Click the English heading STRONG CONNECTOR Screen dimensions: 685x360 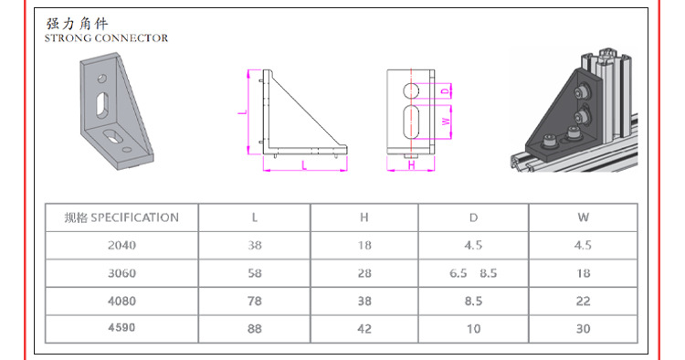click(106, 38)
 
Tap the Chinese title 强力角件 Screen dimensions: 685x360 click(77, 23)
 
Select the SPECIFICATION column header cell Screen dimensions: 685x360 click(121, 217)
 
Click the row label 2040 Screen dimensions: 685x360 click(121, 245)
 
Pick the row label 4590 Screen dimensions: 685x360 click(121, 328)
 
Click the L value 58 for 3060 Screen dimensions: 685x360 click(255, 273)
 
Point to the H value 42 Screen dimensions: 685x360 click(364, 329)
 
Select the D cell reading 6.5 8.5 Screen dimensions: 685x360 click(473, 273)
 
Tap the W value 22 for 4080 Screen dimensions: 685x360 click(584, 301)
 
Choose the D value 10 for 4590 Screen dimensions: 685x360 click(473, 329)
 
